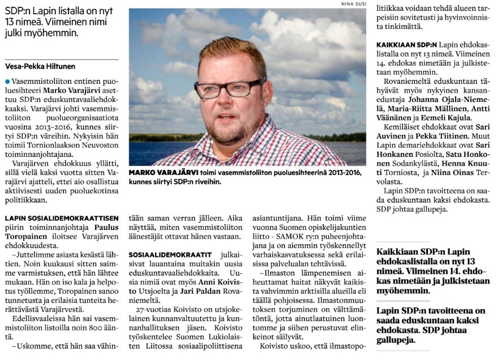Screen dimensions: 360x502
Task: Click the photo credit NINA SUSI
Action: pyautogui.click(x=353, y=4)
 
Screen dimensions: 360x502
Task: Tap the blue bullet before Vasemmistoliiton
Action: pyautogui.click(x=7, y=82)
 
